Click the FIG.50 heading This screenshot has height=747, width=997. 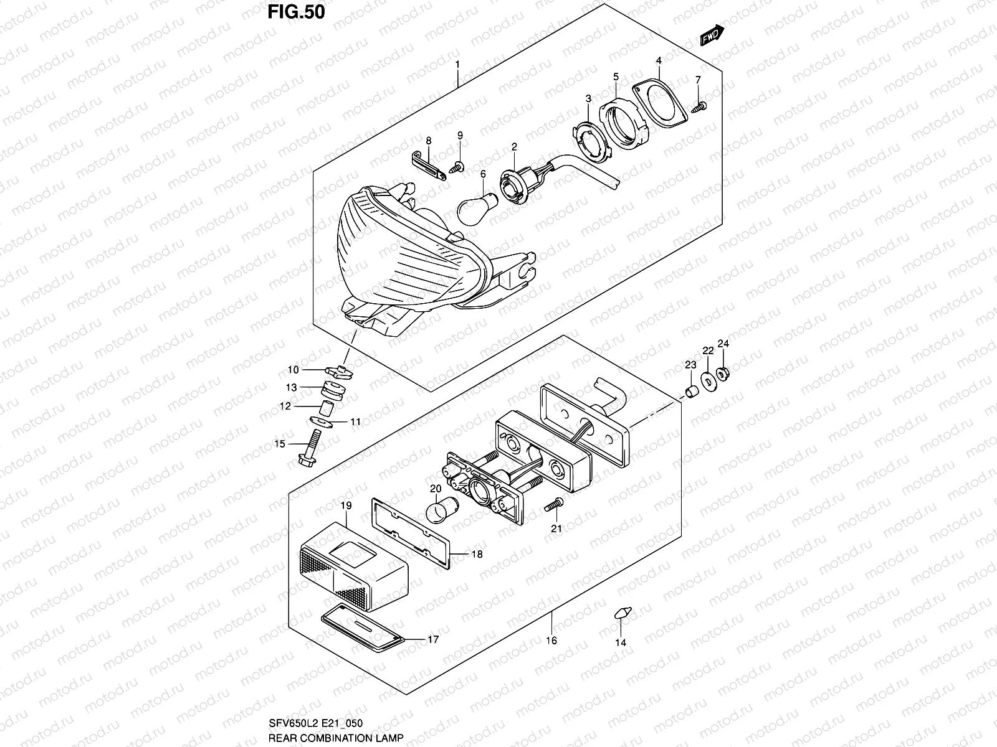coord(296,12)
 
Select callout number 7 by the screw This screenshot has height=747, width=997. coord(698,80)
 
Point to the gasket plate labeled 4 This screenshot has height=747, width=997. coord(661,103)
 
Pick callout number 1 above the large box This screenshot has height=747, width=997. coord(457,64)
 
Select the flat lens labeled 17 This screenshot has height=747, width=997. coord(361,626)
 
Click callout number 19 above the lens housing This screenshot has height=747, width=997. coord(346,505)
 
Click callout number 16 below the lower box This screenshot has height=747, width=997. coord(551,640)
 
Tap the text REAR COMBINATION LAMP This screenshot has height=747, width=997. coord(336,738)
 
